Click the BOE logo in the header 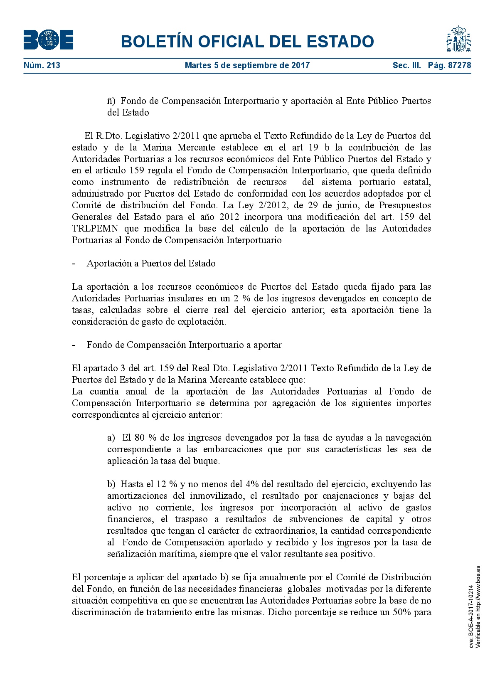click(x=48, y=40)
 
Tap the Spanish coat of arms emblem click(x=458, y=39)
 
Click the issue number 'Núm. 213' click(x=42, y=65)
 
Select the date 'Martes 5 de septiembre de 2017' click(x=247, y=65)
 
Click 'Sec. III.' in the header click(x=406, y=65)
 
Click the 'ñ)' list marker click(x=111, y=101)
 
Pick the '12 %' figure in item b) click(x=167, y=484)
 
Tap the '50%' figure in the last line click(x=401, y=612)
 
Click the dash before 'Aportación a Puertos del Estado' click(x=74, y=264)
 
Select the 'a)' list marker click(x=111, y=438)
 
